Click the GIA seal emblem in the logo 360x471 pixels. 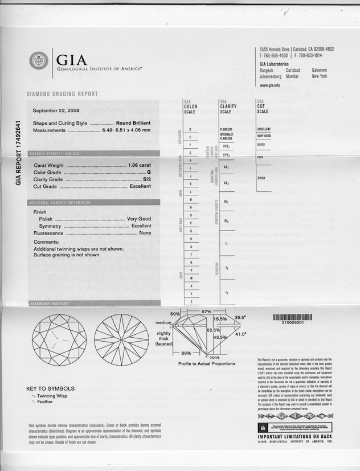pyautogui.click(x=39, y=61)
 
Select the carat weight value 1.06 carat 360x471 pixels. pyautogui.click(x=140, y=165)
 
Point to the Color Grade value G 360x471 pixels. pyautogui.click(x=149, y=171)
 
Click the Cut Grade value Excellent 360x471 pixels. pyautogui.click(x=140, y=186)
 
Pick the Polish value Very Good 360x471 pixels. pyautogui.click(x=139, y=219)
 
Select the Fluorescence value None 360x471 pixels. pyautogui.click(x=145, y=233)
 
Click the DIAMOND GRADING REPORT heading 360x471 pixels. pyautogui.click(x=62, y=94)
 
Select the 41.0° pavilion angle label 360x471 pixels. pyautogui.click(x=241, y=334)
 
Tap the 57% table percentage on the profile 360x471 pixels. pyautogui.click(x=206, y=312)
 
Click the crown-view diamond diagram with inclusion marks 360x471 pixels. pyautogui.click(x=59, y=341)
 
